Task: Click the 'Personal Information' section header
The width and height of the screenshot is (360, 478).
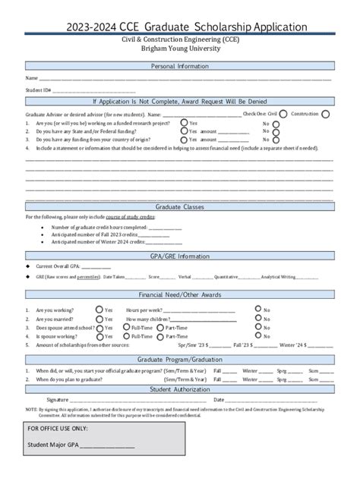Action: tap(179, 66)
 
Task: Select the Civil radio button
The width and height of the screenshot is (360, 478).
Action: tap(283, 114)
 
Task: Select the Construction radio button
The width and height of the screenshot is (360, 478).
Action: tap(325, 114)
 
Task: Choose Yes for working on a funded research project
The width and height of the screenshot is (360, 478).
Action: tap(184, 122)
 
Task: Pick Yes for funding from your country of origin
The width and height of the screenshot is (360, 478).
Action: tap(184, 140)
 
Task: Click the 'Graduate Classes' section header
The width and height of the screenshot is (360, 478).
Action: tap(179, 206)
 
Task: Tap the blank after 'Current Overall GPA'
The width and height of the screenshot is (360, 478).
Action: tap(96, 266)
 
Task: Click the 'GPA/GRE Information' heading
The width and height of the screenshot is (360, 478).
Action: tap(179, 256)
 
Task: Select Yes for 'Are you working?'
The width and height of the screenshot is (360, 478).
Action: tap(122, 310)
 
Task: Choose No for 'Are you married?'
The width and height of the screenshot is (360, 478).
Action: tap(278, 319)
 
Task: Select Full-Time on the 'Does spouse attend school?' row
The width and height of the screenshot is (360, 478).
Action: tap(125, 327)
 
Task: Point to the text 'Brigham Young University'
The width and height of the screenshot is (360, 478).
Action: tap(179, 47)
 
